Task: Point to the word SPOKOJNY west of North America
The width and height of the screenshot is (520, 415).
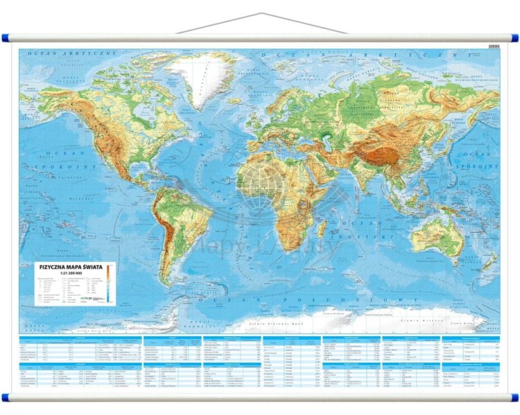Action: click(46, 167)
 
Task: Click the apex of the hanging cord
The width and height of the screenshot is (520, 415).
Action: click(259, 13)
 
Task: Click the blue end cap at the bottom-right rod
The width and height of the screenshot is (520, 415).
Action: click(514, 398)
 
